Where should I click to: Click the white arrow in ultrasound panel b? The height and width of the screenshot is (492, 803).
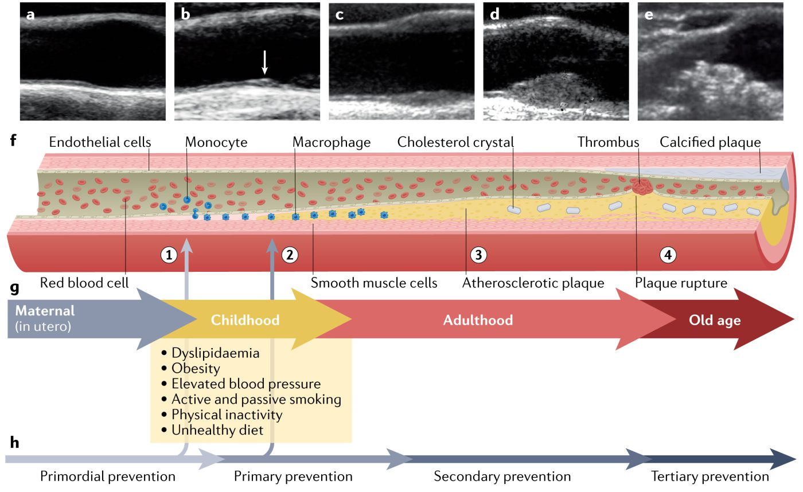(x=264, y=63)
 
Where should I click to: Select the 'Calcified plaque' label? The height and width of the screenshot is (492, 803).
(x=710, y=142)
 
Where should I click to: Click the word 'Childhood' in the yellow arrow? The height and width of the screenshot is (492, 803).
(x=245, y=319)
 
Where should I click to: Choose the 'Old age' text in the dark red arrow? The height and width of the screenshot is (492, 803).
(x=715, y=320)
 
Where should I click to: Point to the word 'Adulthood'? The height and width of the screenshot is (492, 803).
(x=478, y=319)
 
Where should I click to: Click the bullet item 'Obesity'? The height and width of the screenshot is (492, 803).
(x=195, y=368)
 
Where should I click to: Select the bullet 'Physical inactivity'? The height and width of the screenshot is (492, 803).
(x=227, y=414)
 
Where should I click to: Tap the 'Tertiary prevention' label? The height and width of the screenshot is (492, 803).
(x=710, y=477)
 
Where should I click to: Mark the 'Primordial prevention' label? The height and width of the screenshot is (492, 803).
(x=107, y=477)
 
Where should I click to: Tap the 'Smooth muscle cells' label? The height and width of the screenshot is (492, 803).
(x=374, y=283)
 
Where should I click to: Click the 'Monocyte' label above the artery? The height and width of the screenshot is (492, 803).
(x=216, y=142)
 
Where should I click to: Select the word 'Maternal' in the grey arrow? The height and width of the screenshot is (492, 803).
(x=45, y=311)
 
